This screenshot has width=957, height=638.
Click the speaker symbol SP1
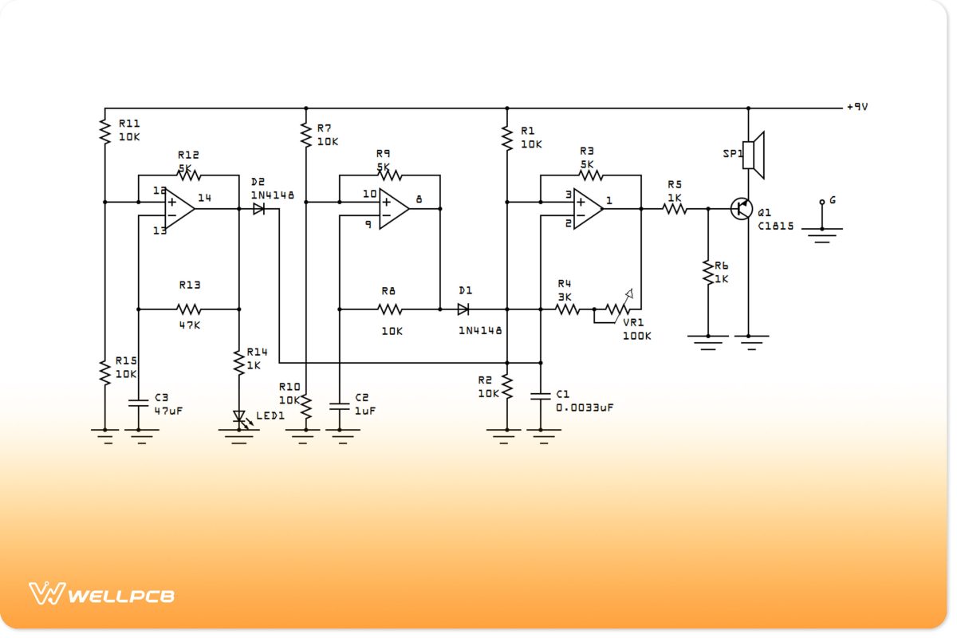[x=754, y=155]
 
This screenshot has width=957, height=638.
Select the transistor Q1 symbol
[x=742, y=209]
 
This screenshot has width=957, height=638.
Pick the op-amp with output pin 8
[x=393, y=209]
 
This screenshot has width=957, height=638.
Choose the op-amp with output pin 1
[x=588, y=209]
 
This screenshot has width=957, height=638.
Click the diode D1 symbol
[x=463, y=309]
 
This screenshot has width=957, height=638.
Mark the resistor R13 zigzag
[x=189, y=309]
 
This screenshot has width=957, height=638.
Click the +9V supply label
[x=857, y=107]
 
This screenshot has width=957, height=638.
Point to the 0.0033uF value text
[x=585, y=408]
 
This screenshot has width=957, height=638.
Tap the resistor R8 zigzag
[x=389, y=309]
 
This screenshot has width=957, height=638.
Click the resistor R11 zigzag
[x=104, y=130]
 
